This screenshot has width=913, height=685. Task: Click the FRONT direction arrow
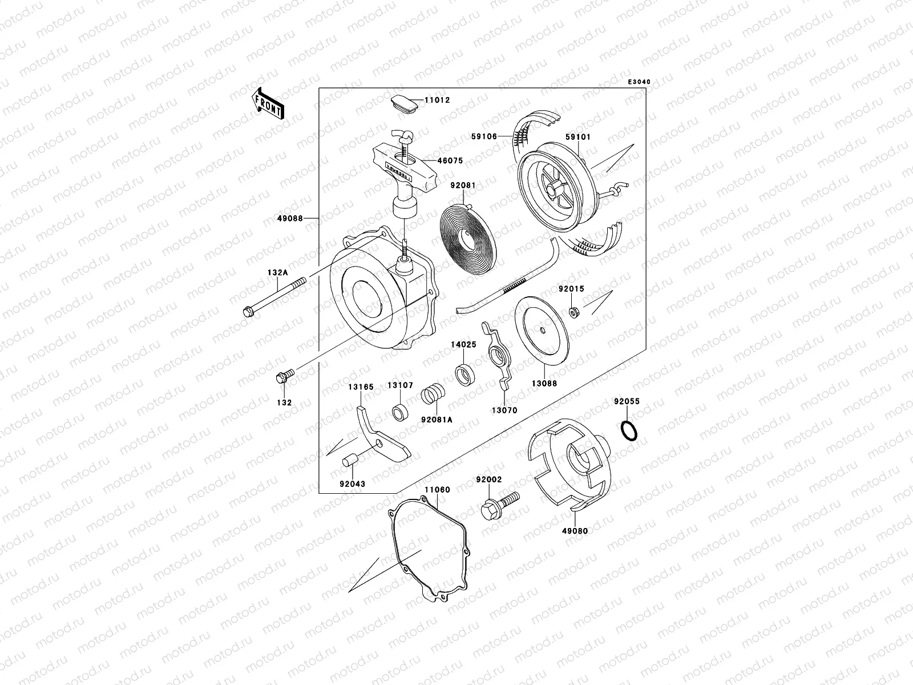(x=268, y=103)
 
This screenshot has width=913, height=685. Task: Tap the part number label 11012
(x=437, y=100)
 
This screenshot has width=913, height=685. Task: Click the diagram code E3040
(x=639, y=82)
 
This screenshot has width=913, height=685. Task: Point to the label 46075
(x=450, y=160)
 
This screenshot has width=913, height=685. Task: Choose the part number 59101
(x=578, y=137)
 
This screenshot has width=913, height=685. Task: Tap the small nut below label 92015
(x=575, y=312)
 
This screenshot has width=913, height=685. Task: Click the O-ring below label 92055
(x=629, y=430)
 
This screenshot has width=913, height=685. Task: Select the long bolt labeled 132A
(x=274, y=297)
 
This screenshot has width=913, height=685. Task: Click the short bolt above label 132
(x=285, y=376)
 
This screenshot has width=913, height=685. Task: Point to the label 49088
(x=290, y=219)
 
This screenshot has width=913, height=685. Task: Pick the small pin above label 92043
(x=350, y=461)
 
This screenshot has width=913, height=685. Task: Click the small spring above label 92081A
(x=433, y=393)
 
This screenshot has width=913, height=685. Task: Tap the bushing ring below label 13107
(x=400, y=412)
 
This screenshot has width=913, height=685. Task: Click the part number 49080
(x=575, y=531)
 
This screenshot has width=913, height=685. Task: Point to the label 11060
(x=437, y=490)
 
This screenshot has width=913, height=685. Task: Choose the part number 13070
(x=504, y=410)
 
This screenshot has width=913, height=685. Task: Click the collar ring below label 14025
(x=465, y=374)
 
